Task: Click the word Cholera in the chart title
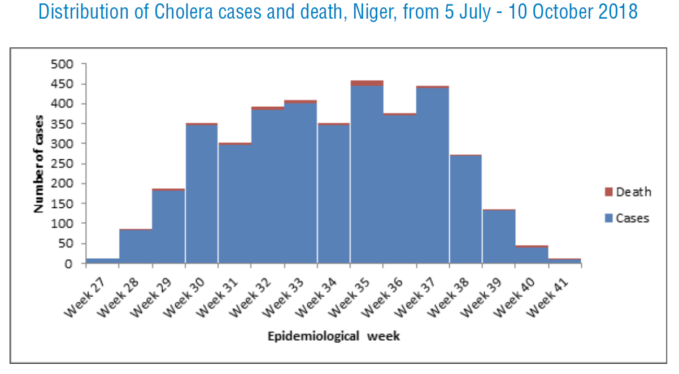[x=184, y=11]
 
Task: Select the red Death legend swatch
[x=609, y=192]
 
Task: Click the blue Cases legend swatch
[x=609, y=218]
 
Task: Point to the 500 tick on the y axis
[x=62, y=64]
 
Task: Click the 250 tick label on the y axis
[x=62, y=164]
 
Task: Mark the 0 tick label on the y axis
[x=68, y=264]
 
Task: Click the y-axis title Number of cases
[x=38, y=164]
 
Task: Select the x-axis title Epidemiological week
[x=334, y=336]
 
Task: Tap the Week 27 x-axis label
[x=85, y=298]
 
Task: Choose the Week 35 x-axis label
[x=349, y=298]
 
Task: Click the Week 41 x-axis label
[x=547, y=298]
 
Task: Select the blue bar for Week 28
[x=136, y=247]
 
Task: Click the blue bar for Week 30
[x=202, y=194]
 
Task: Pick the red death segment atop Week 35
[x=367, y=84]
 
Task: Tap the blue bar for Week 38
[x=465, y=210]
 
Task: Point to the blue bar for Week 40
[x=532, y=255]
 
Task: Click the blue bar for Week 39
[x=499, y=237]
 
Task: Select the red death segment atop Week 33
[x=301, y=102]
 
